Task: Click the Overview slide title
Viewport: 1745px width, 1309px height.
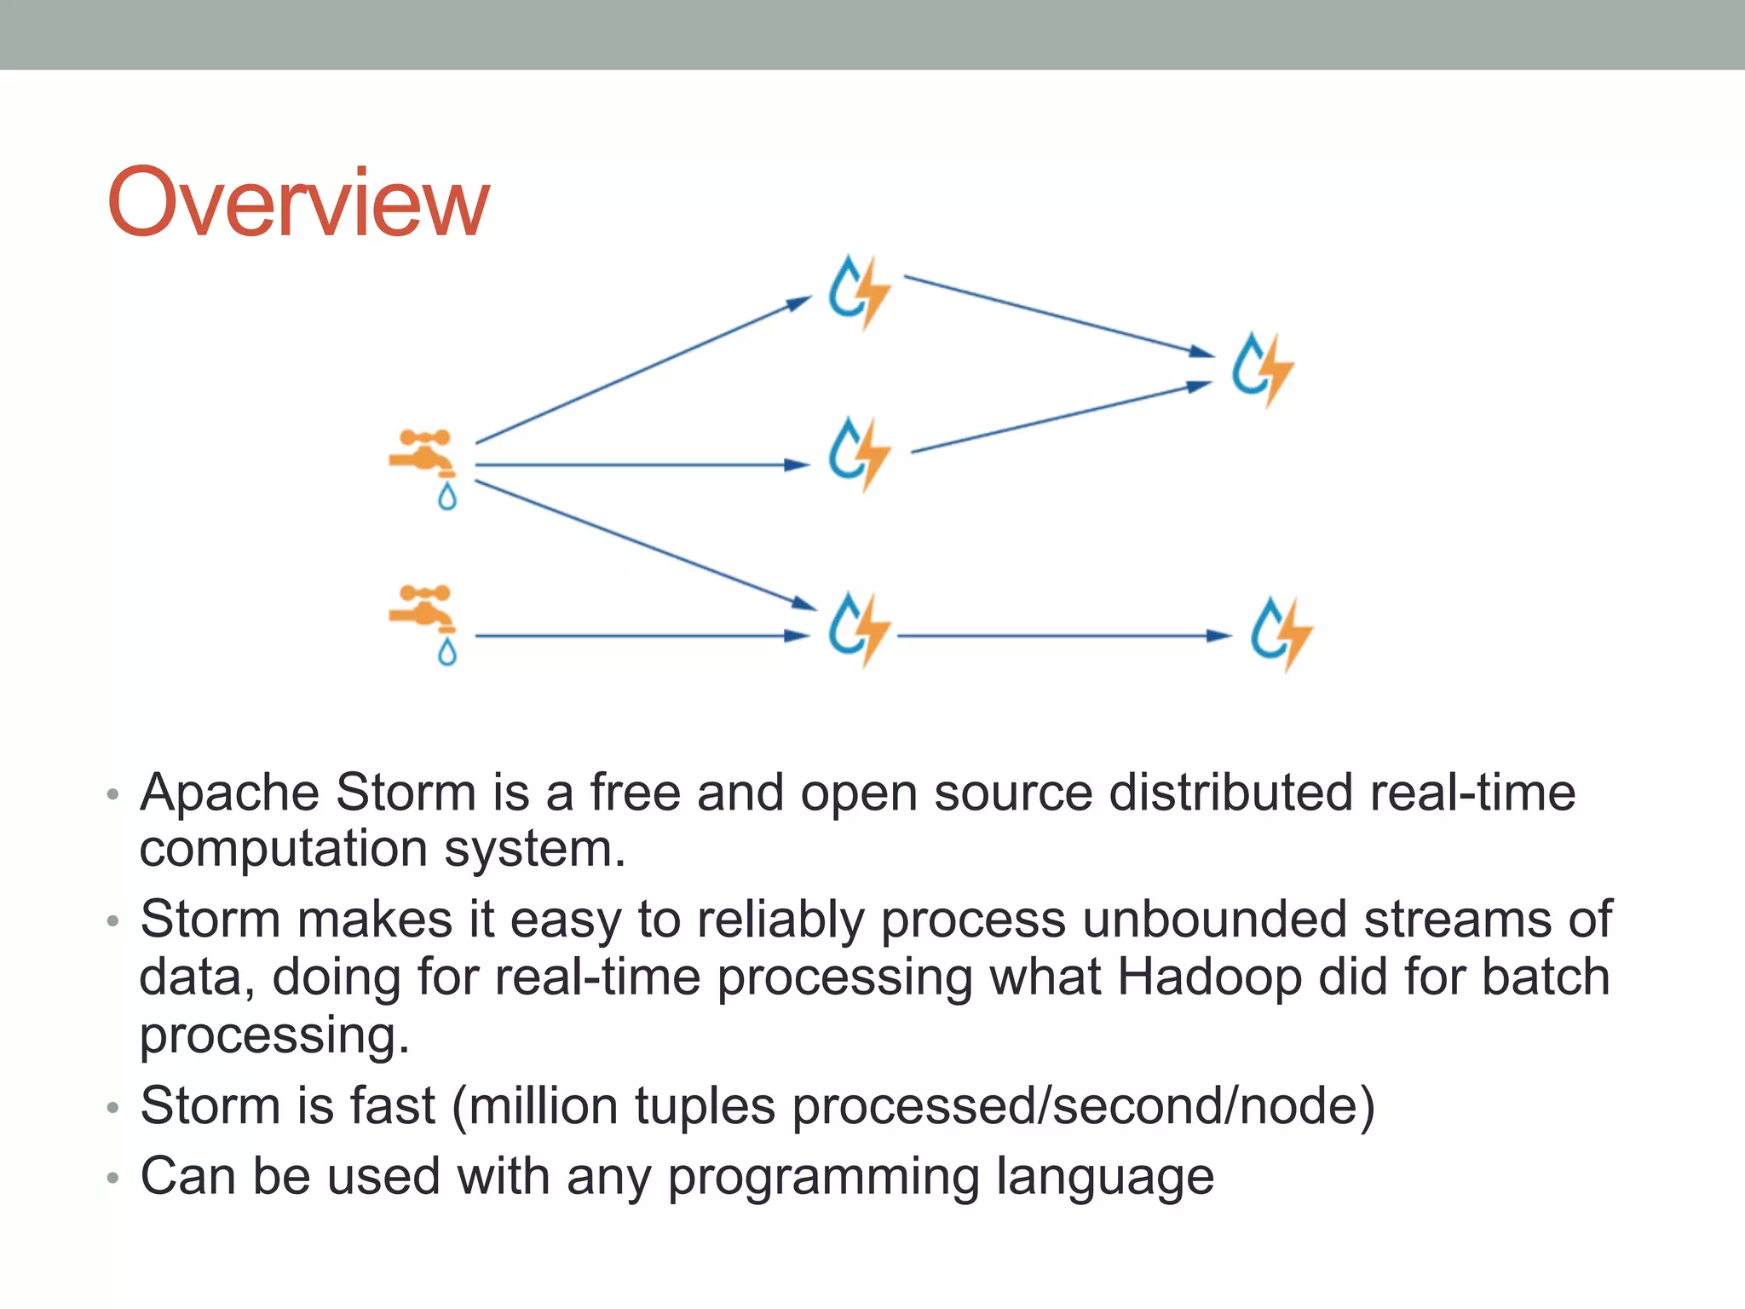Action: (297, 203)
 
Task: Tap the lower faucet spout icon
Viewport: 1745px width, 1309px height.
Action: (423, 608)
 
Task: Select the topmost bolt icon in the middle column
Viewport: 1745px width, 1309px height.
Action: (858, 291)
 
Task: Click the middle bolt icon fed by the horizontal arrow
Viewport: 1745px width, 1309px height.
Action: (858, 454)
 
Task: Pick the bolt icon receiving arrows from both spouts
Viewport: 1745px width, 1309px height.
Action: (858, 631)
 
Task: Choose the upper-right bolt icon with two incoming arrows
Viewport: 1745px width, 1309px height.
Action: (1262, 370)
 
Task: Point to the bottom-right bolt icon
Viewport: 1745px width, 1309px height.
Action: (1281, 634)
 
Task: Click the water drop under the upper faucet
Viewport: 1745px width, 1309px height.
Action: (447, 497)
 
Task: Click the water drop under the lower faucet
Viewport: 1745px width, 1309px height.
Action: (447, 653)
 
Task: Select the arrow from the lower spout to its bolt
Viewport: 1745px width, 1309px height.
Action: (639, 636)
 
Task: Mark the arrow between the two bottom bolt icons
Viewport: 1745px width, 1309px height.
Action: (1061, 636)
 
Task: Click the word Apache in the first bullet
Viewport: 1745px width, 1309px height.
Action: (230, 793)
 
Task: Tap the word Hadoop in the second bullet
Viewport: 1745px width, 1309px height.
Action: (1209, 977)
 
